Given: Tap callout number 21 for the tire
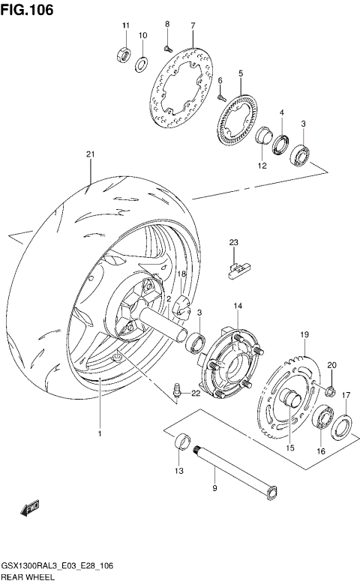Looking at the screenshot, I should [90, 155].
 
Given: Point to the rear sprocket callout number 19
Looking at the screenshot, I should [304, 334].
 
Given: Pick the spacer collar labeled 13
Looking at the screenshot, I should [180, 443].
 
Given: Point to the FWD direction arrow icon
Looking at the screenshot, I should [32, 510].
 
